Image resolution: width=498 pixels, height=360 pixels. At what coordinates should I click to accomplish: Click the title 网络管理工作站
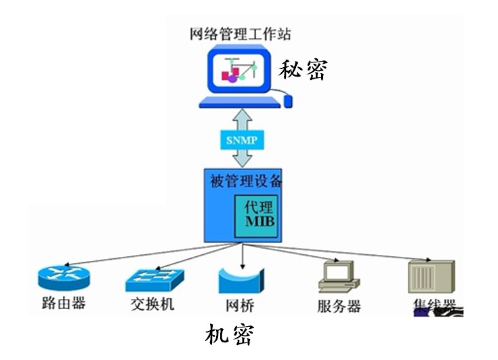pyautogui.click(x=241, y=34)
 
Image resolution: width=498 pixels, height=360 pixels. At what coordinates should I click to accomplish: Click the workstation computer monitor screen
pyautogui.click(x=238, y=70)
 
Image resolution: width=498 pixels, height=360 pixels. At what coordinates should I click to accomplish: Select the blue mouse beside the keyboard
pyautogui.click(x=288, y=101)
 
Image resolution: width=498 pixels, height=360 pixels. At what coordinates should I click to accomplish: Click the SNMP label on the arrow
pyautogui.click(x=242, y=140)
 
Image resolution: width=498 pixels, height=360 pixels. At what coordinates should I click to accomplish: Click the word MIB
pyautogui.click(x=257, y=223)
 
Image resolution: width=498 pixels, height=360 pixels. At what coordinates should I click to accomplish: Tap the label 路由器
pyautogui.click(x=64, y=303)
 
